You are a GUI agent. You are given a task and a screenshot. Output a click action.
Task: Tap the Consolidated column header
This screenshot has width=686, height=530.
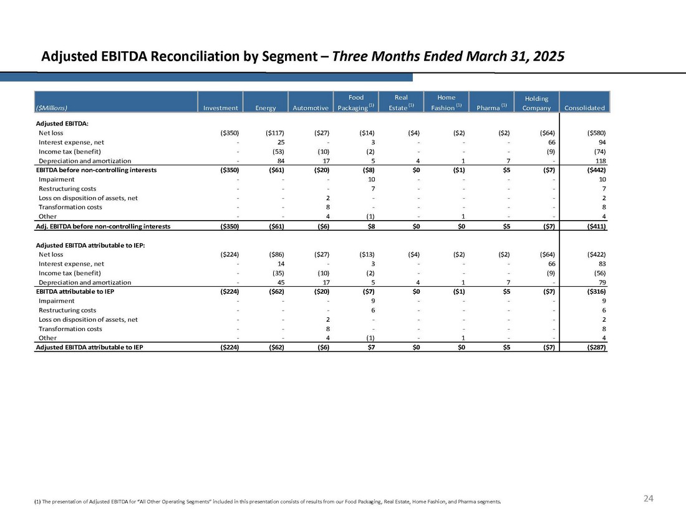point(584,108)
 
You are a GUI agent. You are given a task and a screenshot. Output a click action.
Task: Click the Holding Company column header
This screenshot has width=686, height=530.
point(536,103)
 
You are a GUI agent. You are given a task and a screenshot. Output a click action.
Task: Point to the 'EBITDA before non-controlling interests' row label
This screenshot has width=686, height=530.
point(96,170)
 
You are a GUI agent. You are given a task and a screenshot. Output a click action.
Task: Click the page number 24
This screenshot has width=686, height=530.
point(648,498)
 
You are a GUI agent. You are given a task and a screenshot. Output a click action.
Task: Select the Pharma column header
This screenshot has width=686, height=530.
point(490,108)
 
